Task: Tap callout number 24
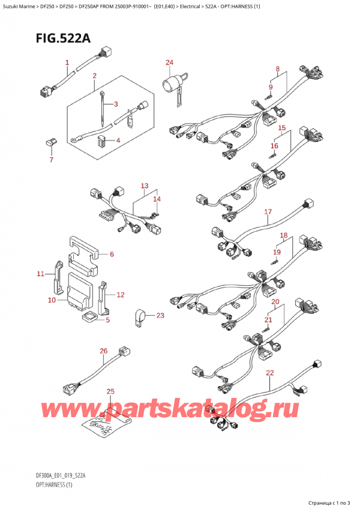169,62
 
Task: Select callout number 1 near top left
67,62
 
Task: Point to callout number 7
51,160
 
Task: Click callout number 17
268,212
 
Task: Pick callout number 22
269,373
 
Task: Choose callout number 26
103,351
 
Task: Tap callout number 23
160,316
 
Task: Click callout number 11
40,274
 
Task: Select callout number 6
112,254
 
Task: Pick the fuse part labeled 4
101,142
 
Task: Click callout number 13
144,185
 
